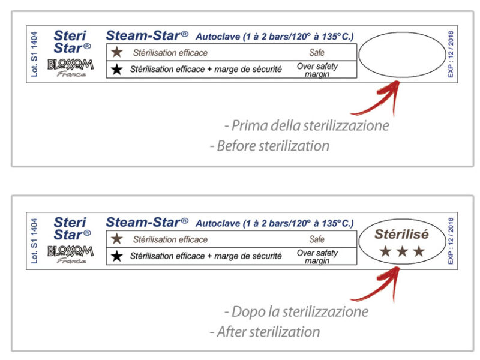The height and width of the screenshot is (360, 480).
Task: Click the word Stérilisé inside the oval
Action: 401,234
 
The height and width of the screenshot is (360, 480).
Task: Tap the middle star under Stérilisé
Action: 402,251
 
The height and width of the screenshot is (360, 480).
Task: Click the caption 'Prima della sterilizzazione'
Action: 307,125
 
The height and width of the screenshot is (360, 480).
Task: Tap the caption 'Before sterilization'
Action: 269,146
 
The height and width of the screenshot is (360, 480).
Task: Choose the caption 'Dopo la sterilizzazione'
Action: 296,311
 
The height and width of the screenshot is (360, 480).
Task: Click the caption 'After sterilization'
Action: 265,332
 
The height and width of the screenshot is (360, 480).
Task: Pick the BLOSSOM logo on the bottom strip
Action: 70,251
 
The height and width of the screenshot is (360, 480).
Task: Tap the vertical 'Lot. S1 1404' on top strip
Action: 34,54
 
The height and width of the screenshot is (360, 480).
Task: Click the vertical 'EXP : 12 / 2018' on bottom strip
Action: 451,241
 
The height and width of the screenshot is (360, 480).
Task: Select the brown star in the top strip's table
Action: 117,52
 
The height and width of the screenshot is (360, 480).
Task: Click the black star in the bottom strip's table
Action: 117,256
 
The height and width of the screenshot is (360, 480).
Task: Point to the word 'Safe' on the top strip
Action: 317,53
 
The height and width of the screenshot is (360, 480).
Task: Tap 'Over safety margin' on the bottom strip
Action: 317,257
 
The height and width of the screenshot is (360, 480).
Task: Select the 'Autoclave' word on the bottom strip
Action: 218,223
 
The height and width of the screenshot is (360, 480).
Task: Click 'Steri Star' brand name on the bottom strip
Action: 72,229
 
